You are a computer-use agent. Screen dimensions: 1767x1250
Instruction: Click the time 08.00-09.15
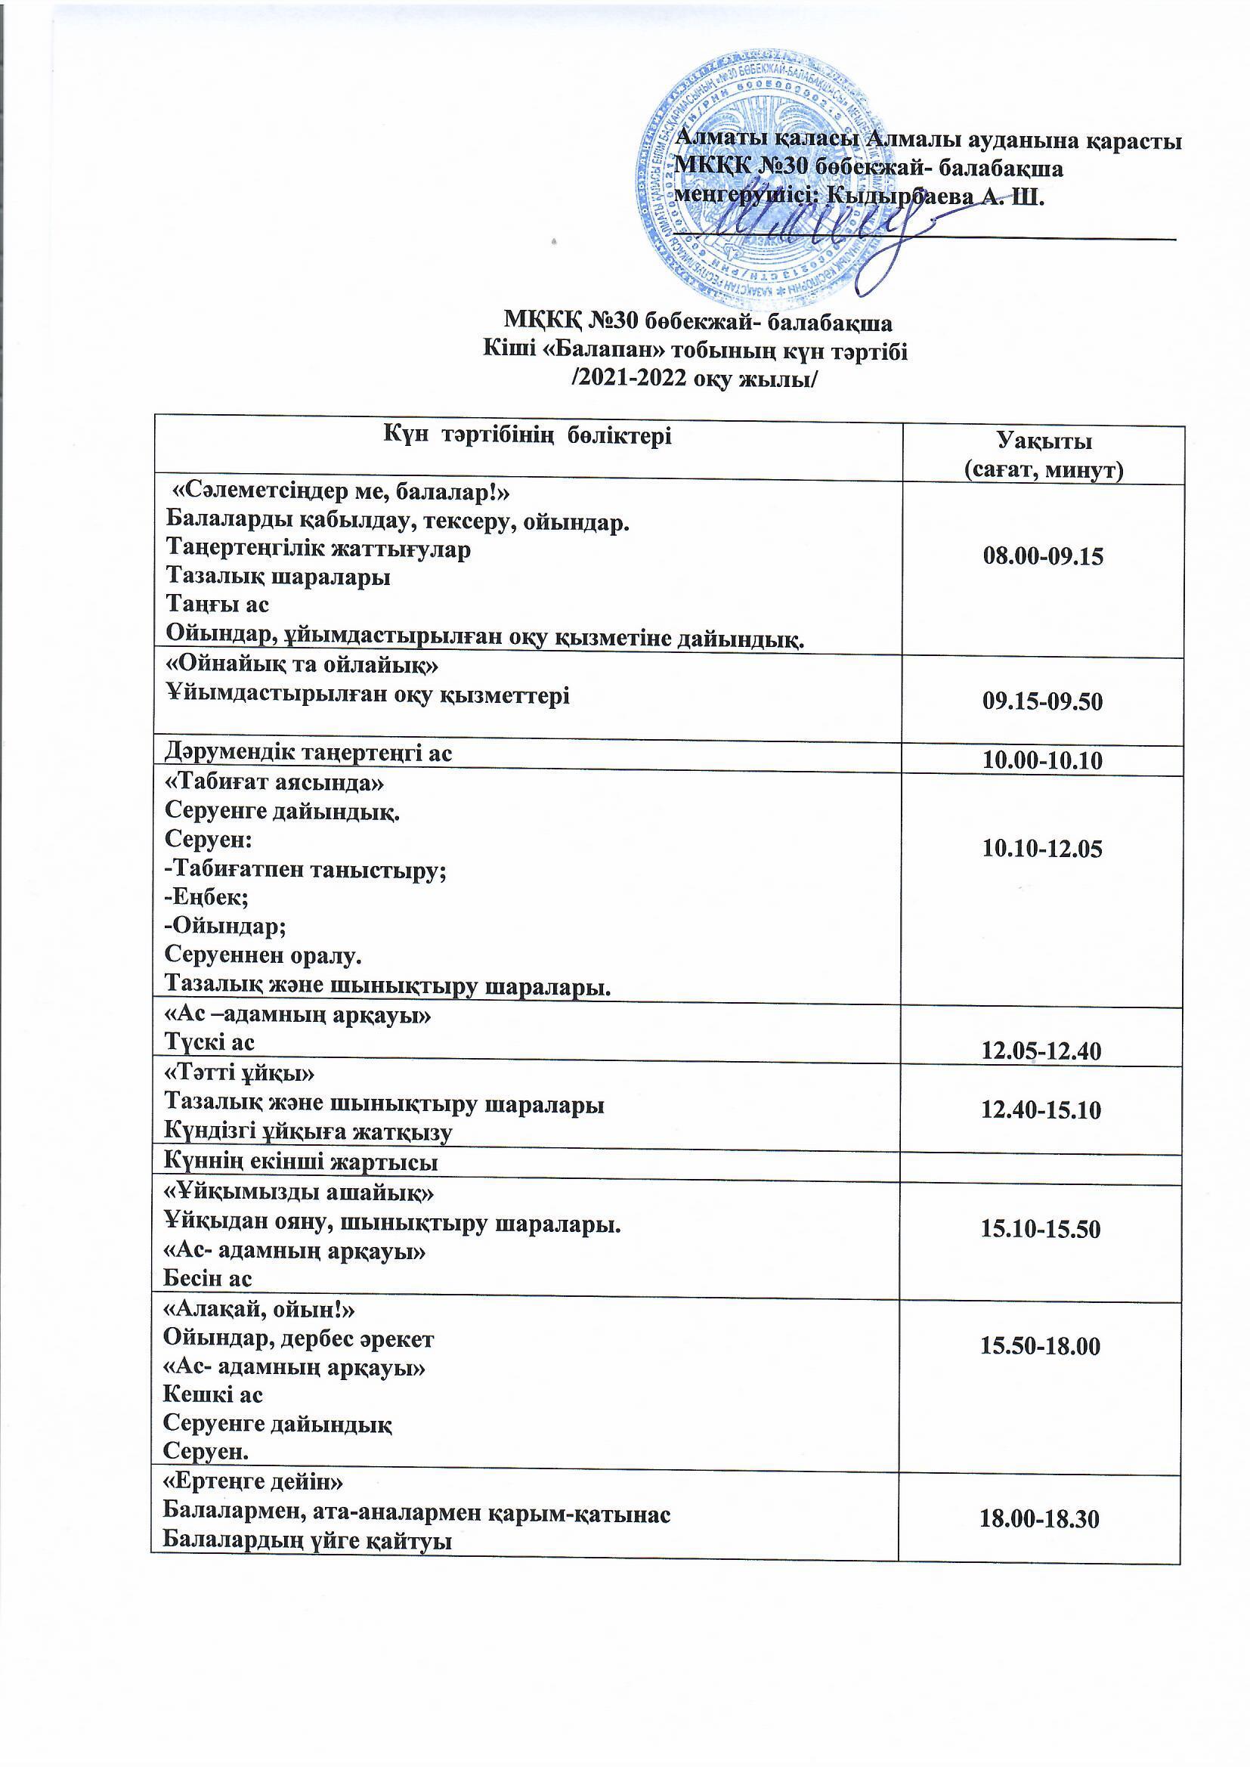(x=1043, y=556)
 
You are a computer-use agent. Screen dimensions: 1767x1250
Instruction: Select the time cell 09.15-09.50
(x=1042, y=701)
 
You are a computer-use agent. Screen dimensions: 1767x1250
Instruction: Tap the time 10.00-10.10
(x=1042, y=761)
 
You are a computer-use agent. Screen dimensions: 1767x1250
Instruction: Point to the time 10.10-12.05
(x=1042, y=849)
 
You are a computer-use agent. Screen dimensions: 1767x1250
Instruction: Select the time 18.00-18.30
(x=1038, y=1518)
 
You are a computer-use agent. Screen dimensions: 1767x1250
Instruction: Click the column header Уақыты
(x=1044, y=441)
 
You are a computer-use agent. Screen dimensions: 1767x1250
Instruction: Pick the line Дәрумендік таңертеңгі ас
(x=308, y=754)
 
